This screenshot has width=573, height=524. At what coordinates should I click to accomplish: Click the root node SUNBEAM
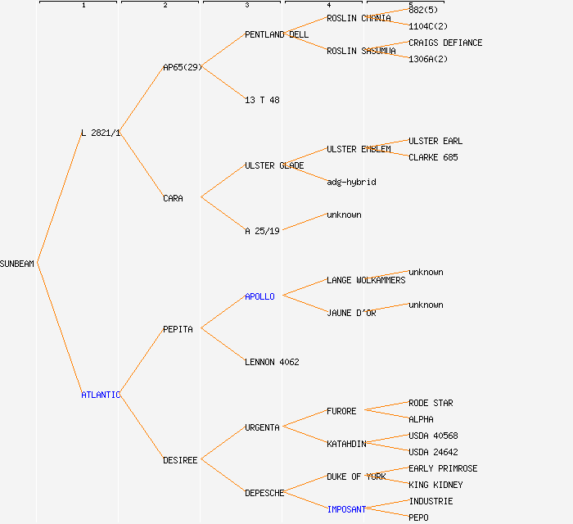(x=17, y=264)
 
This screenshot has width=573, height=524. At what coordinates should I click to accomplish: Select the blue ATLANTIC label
(x=101, y=395)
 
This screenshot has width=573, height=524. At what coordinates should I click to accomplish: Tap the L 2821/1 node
(x=101, y=133)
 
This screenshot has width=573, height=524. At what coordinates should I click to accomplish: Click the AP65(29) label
(x=182, y=67)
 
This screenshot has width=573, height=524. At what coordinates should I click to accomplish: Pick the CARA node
(x=173, y=198)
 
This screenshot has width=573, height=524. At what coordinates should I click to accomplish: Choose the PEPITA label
(x=178, y=329)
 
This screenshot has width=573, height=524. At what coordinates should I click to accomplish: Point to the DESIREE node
(x=180, y=460)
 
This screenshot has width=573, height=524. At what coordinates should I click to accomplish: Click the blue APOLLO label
(x=259, y=296)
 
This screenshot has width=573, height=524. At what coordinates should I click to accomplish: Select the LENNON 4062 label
(x=272, y=362)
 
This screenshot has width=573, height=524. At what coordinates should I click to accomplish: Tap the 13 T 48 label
(x=262, y=100)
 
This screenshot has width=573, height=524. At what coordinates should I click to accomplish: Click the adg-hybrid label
(x=351, y=182)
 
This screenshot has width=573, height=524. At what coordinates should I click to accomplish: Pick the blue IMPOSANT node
(x=346, y=509)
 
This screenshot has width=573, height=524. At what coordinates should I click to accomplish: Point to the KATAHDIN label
(x=346, y=444)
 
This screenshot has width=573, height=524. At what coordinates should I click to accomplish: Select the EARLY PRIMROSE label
(x=443, y=468)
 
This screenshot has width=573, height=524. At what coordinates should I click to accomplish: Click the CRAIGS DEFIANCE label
(x=445, y=43)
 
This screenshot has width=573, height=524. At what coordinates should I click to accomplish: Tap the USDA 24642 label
(x=433, y=452)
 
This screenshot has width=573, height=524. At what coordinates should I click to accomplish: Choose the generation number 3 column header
(x=246, y=6)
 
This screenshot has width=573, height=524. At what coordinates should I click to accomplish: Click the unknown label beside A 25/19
(x=344, y=215)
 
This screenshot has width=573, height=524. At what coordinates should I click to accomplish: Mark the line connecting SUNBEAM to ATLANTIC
(x=59, y=329)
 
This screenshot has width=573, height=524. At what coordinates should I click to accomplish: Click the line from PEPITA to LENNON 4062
(x=223, y=346)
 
